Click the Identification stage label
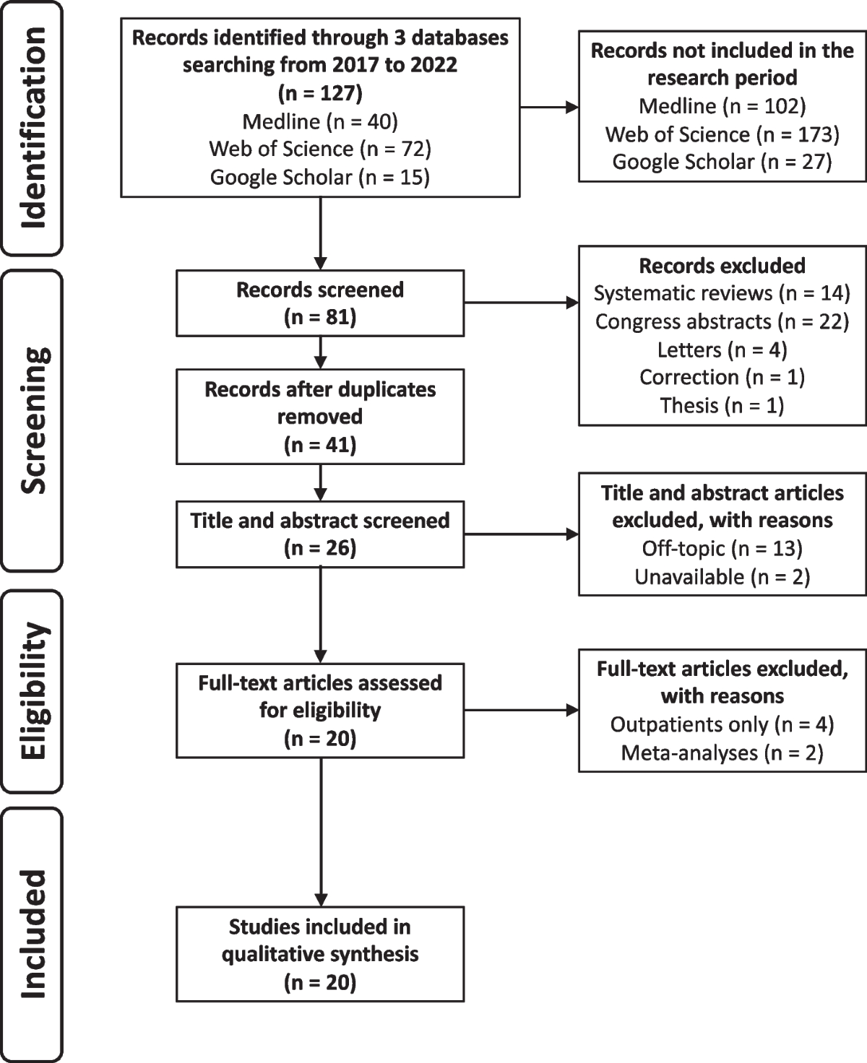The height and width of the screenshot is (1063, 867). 33,128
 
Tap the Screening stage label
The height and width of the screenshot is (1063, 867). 33,420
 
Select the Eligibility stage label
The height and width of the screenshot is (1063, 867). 33,690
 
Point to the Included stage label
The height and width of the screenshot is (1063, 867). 33,934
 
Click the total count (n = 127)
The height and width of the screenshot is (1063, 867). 320,93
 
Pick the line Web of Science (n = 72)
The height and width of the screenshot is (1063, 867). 320,149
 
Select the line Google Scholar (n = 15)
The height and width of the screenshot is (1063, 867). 320,177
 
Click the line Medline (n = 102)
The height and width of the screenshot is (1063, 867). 722,106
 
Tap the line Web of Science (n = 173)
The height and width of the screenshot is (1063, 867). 722,134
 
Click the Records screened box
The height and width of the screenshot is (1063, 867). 320,303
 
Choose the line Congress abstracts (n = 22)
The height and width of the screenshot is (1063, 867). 722,321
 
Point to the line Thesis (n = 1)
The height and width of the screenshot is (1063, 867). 722,405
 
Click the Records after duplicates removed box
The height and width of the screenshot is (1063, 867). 320,417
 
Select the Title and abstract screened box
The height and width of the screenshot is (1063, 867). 320,534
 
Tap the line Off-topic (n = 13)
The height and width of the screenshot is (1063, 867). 722,549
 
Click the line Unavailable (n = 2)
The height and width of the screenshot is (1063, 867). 722,577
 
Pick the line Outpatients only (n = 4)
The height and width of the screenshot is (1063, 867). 722,724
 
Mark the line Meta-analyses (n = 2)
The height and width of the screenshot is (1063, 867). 722,753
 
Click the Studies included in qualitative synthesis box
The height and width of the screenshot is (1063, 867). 320,954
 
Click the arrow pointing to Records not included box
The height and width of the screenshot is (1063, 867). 549,108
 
